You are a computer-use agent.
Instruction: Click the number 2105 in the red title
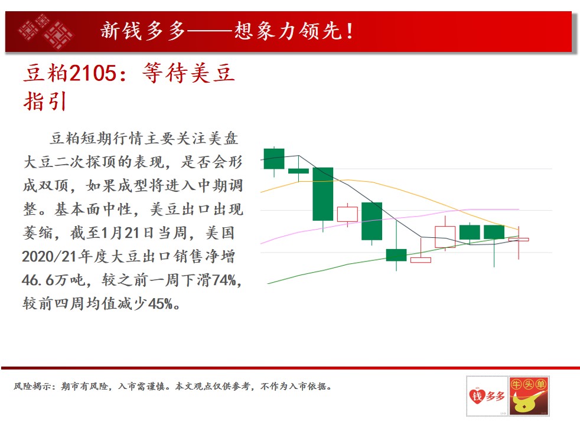coord(93,73)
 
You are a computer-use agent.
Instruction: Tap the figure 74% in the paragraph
coord(224,280)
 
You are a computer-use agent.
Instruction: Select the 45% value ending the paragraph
coord(161,304)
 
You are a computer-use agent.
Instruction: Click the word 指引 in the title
coord(45,102)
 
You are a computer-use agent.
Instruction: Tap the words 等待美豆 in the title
coord(188,73)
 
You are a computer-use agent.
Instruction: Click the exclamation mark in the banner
coord(350,31)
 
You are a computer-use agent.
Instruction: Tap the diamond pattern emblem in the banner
coord(45,31)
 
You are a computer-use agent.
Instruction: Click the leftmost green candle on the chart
coord(274,159)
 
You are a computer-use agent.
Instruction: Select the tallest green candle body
coord(323,194)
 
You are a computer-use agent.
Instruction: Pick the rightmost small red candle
coord(519,240)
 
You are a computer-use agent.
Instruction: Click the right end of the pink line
coord(519,209)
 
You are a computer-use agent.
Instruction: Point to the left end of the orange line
coord(261,192)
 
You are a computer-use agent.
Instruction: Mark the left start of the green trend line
coord(268,283)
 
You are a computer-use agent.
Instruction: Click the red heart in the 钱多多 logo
coord(477,397)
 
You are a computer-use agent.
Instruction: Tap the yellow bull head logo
coord(529,397)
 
